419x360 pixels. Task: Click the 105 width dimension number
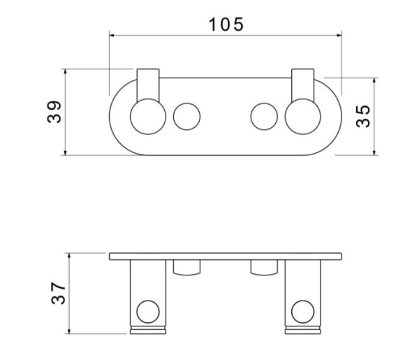(x=226, y=24)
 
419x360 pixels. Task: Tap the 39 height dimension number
(x=54, y=112)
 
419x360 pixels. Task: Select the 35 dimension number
(x=363, y=116)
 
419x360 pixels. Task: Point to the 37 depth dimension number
(x=58, y=293)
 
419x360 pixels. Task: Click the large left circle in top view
(x=148, y=116)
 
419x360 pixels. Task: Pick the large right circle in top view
(x=303, y=116)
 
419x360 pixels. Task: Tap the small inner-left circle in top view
(x=186, y=116)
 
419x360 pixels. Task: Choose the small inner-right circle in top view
(x=264, y=116)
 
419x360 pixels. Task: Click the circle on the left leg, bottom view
(x=148, y=312)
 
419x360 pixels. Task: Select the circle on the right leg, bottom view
(x=303, y=312)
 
